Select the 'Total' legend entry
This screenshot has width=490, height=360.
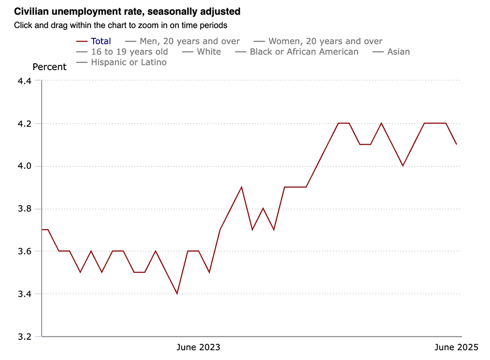[x=100, y=41]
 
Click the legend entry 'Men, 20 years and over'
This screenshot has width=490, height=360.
[x=189, y=41]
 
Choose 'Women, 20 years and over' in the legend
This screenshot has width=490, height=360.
[x=325, y=41]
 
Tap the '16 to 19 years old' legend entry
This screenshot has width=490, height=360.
[x=129, y=51]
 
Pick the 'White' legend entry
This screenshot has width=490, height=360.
[x=208, y=51]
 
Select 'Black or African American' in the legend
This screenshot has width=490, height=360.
[x=303, y=51]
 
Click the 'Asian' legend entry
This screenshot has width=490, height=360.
[x=398, y=51]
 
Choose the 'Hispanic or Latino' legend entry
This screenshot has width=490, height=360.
[x=128, y=62]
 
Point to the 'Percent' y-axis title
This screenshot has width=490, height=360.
[x=49, y=67]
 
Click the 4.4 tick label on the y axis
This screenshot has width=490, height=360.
[x=24, y=81]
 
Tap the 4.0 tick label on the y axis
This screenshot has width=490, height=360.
[x=24, y=166]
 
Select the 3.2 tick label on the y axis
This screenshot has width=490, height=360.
[x=24, y=337]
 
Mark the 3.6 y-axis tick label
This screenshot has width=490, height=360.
[x=24, y=252]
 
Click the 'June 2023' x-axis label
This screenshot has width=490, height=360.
[x=198, y=348]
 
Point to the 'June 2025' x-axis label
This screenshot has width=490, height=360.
[x=456, y=348]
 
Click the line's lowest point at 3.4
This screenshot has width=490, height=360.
[x=177, y=294]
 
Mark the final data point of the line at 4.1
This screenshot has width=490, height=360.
[x=457, y=144]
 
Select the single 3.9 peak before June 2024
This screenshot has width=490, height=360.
[x=242, y=187]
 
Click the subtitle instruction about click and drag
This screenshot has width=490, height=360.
[x=121, y=25]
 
